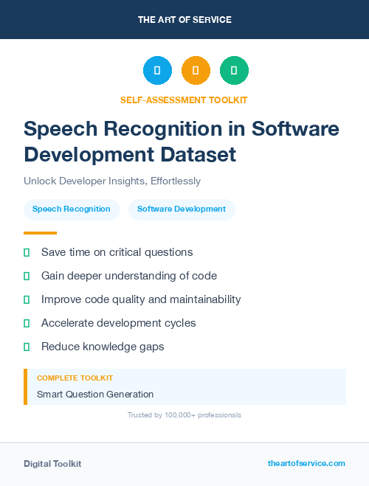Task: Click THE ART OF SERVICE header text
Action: (184, 20)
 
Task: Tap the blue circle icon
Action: (157, 71)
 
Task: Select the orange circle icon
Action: (196, 71)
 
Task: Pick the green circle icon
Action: (234, 71)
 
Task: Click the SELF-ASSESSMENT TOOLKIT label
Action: (184, 100)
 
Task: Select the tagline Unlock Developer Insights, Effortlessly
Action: (112, 181)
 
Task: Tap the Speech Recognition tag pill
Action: (72, 209)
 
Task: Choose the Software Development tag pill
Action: (182, 209)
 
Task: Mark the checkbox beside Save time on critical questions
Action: (27, 252)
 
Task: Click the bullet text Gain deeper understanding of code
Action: (129, 276)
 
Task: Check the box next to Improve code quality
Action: (27, 299)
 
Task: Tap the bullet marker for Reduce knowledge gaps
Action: (27, 347)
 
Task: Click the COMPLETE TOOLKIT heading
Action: (75, 378)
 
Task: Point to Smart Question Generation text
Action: (95, 394)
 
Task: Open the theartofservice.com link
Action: (306, 463)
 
